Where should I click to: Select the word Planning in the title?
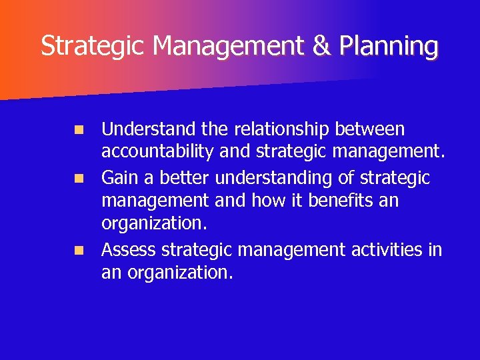click(389, 47)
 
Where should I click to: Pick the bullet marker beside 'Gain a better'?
click(79, 179)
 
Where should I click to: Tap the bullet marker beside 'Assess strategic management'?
click(79, 251)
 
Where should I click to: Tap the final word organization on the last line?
click(180, 273)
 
